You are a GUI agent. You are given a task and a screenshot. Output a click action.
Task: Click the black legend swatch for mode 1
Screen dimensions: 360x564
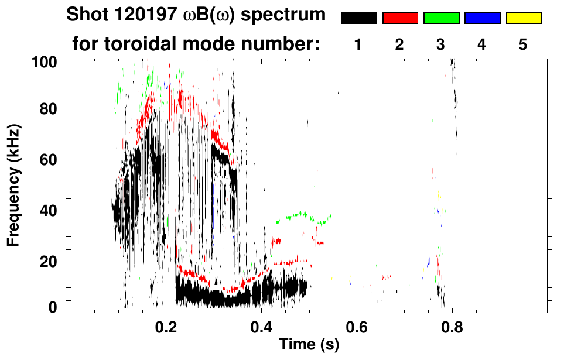pos(359,18)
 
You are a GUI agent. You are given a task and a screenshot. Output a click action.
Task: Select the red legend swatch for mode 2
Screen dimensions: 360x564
pos(400,18)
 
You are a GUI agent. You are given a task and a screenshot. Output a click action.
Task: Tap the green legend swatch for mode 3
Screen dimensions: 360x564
pos(441,18)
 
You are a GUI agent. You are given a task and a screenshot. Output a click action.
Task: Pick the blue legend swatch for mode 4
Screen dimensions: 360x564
pos(482,18)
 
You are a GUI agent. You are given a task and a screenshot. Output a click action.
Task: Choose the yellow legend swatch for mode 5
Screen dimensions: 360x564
pos(523,18)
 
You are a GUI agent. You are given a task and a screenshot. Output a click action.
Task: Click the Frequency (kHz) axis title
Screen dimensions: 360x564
pos(14,185)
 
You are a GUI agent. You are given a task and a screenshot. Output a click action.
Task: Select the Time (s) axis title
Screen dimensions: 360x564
pos(308,345)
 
